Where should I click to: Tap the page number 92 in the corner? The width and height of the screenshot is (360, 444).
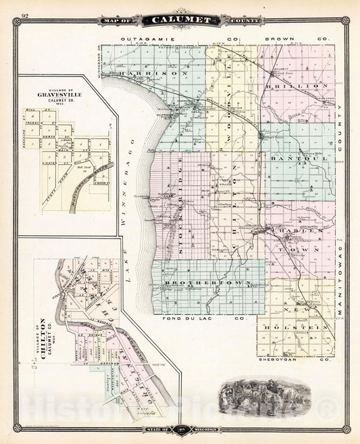(x=25, y=15)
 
